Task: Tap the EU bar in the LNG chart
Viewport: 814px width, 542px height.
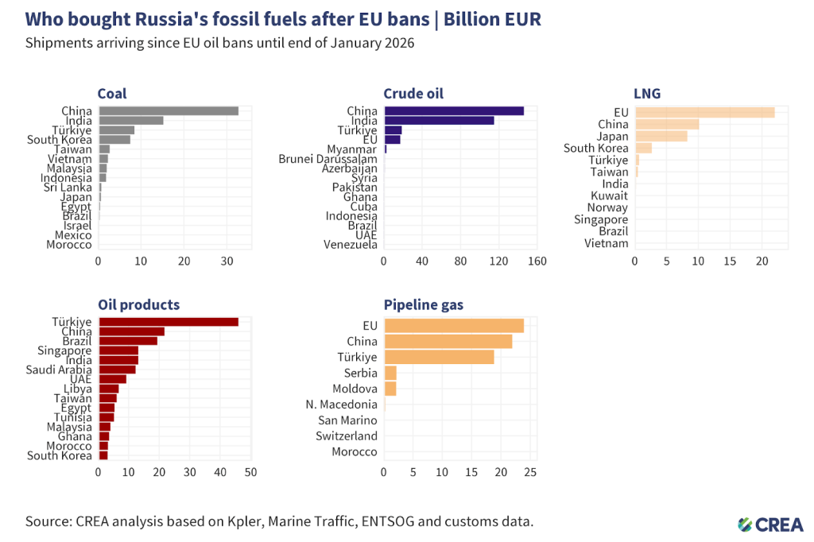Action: point(704,112)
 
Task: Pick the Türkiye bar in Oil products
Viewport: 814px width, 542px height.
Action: point(168,322)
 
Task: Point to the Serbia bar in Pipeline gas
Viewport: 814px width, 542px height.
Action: point(390,373)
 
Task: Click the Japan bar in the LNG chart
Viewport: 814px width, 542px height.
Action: point(661,136)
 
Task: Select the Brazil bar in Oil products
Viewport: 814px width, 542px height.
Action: point(127,341)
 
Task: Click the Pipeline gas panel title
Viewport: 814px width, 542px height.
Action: point(424,304)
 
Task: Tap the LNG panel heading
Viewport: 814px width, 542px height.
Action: point(647,94)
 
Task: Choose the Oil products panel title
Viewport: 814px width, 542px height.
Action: point(138,304)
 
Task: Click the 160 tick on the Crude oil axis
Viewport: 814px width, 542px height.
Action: point(537,261)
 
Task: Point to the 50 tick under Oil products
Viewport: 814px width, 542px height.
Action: point(250,472)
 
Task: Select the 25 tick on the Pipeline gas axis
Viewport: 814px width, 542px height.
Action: point(531,472)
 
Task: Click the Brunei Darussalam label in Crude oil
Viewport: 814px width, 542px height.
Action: point(328,159)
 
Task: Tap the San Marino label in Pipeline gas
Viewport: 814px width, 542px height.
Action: point(347,420)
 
